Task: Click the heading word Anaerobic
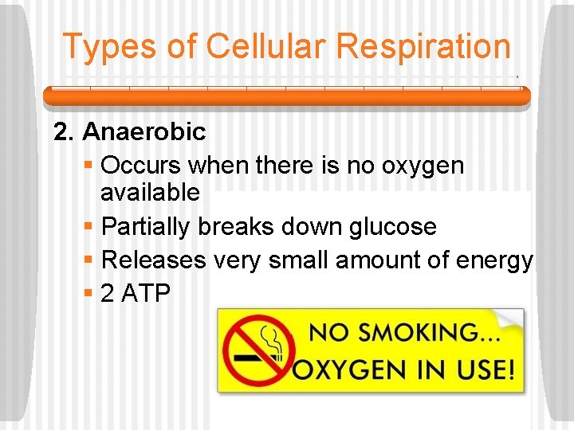[x=143, y=131]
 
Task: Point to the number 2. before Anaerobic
[x=64, y=131]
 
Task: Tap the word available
[x=151, y=192]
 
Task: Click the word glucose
[x=393, y=227]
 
